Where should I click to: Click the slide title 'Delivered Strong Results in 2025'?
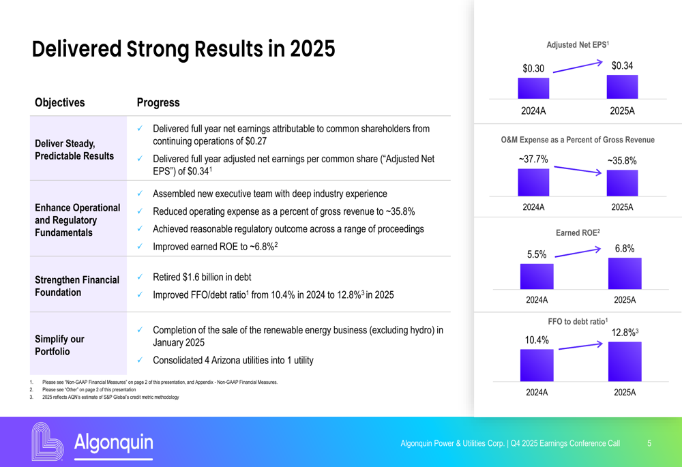click(x=183, y=49)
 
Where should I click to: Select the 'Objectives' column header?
click(x=60, y=103)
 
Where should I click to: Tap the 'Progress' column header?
click(x=158, y=103)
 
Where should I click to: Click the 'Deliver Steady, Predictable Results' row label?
click(x=74, y=149)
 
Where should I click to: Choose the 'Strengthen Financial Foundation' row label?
click(x=77, y=286)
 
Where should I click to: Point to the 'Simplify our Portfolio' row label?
click(x=60, y=345)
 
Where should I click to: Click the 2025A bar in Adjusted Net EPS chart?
click(x=622, y=87)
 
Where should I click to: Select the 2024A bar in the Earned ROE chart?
click(x=537, y=276)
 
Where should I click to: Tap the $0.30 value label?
click(x=533, y=69)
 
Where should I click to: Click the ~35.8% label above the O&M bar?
click(x=621, y=161)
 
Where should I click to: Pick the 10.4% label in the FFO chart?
click(x=537, y=340)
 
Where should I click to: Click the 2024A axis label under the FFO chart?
click(x=537, y=392)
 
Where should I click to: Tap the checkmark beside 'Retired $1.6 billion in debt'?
click(x=139, y=277)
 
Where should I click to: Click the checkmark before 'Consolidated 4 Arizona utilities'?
click(x=139, y=360)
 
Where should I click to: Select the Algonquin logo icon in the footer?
click(x=48, y=441)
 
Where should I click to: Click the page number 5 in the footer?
click(x=649, y=443)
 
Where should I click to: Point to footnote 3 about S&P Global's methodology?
click(x=109, y=397)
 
